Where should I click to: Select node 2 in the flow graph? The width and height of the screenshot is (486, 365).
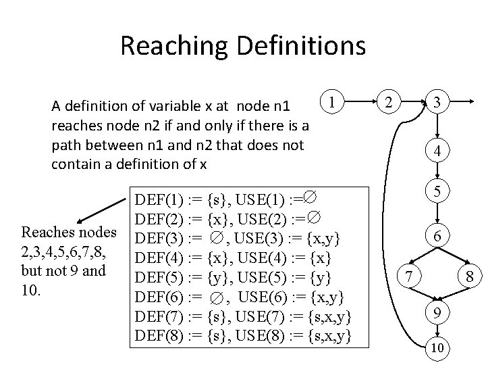tap(387, 103)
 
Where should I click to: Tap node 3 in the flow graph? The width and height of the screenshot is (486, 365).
tap(438, 103)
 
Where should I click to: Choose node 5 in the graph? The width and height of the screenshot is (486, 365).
tap(438, 193)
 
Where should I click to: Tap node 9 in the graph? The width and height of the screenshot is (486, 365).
tap(438, 312)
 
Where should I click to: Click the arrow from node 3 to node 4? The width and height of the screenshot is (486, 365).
tap(438, 128)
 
